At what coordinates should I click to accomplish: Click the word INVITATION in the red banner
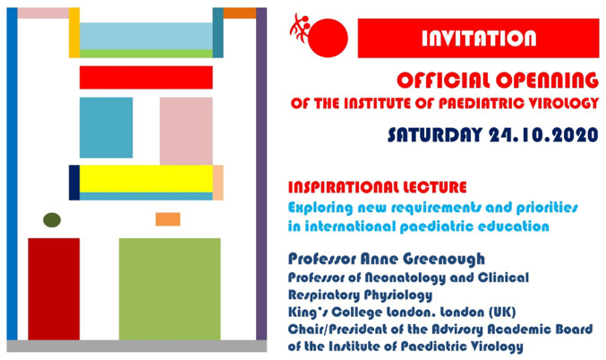coord(479,39)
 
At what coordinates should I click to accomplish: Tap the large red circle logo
coord(328,39)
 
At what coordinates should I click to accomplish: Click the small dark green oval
coord(52,220)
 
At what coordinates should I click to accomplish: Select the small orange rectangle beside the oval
coord(167,219)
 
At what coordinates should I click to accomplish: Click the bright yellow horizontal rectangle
coord(146,178)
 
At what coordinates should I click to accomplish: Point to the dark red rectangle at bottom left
coord(54,289)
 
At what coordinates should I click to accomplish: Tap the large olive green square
coord(170,289)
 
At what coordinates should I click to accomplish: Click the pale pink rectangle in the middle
coord(186,131)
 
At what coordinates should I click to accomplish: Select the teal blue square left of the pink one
coord(107,127)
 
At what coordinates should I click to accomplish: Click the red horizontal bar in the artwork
coord(146,77)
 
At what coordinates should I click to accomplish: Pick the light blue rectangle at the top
coord(146,36)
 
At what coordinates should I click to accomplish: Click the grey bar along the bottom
coord(137,346)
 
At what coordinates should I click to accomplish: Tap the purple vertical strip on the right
coord(261,174)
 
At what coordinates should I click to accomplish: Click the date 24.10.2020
coord(543,135)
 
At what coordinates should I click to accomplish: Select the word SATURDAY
coord(435,135)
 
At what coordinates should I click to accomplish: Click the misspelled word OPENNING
coord(547,81)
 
